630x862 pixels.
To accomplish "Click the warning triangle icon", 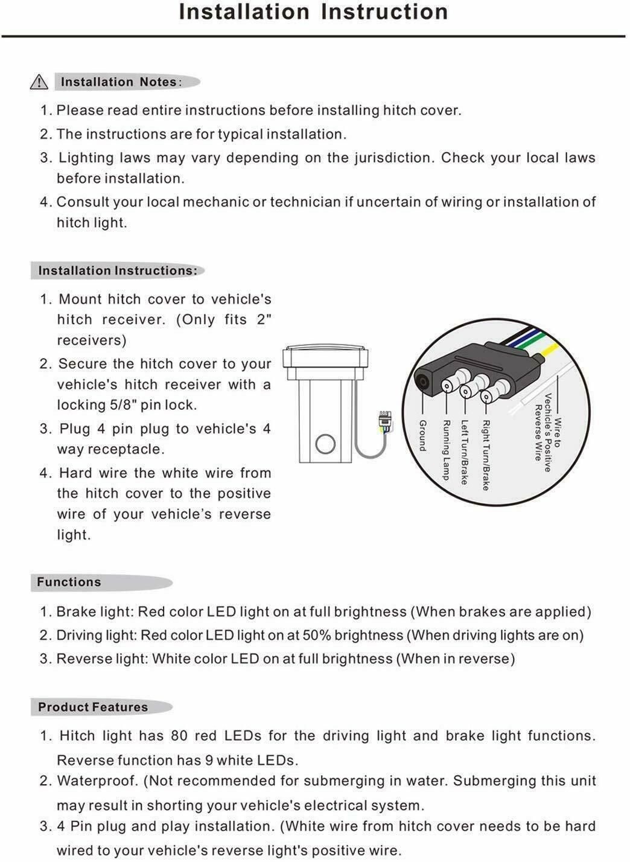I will pos(39,81).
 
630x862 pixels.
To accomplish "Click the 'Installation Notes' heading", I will pos(118,82).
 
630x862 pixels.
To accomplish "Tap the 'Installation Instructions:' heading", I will pos(118,271).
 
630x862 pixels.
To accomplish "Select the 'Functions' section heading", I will pos(69,583).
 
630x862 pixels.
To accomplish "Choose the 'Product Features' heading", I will pos(93,707).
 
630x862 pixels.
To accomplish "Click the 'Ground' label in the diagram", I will pos(422,436).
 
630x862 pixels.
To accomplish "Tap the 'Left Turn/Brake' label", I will pos(465,452).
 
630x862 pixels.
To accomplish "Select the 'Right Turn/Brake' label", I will pos(486,455).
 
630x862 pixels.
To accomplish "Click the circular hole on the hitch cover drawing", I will pos(325,444).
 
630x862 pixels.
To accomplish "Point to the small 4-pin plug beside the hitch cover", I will pos(383,420).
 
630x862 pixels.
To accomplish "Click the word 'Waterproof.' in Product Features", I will pos(97,781).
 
